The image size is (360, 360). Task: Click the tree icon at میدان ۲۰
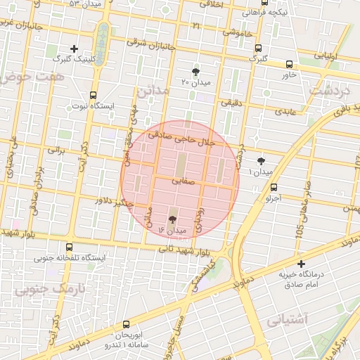(195, 72)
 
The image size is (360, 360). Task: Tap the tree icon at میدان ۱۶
(173, 219)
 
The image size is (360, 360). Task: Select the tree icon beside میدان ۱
(262, 161)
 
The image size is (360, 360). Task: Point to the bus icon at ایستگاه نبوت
(93, 96)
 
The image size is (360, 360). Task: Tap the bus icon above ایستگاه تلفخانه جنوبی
(69, 247)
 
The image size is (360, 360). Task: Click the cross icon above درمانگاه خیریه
(302, 263)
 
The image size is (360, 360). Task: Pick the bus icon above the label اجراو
(274, 187)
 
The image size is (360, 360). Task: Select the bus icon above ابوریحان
(126, 324)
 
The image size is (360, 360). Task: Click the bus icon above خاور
(289, 64)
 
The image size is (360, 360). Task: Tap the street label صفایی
(180, 181)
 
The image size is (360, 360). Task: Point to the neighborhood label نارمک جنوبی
(44, 289)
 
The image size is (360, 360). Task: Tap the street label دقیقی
(231, 103)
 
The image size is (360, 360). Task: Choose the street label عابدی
(286, 111)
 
